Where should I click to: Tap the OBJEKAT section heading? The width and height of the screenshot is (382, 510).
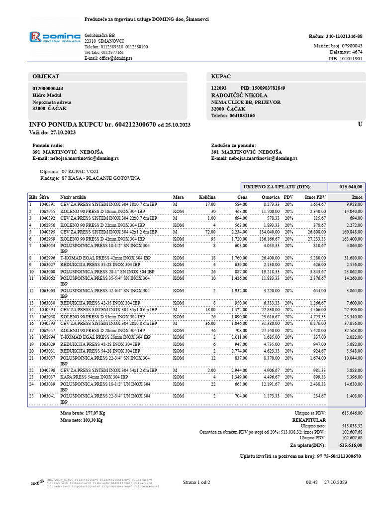[46, 76]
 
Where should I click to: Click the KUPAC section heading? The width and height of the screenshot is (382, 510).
[221, 76]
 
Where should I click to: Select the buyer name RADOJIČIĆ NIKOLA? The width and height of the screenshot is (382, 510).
[239, 95]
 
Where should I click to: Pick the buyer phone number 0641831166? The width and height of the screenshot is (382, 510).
[241, 116]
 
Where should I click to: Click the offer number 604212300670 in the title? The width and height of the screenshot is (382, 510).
[136, 124]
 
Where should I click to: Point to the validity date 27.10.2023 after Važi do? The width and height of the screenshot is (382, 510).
[63, 132]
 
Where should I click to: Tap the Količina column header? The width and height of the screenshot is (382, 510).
[208, 197]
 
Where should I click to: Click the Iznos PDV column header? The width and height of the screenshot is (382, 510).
[315, 197]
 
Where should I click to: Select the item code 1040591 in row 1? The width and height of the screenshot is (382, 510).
[47, 204]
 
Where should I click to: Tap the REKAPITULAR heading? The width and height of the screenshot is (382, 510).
[348, 419]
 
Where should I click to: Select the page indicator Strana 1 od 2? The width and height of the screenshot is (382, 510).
[196, 483]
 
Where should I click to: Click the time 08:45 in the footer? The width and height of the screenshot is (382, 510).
[311, 483]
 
